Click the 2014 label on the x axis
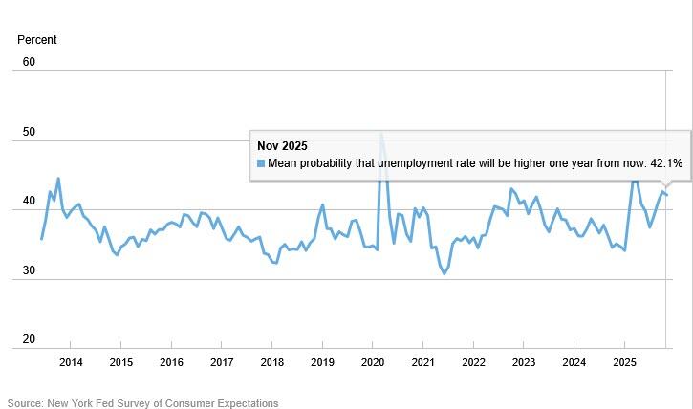coord(71,362)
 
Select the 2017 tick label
coord(222,362)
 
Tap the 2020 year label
coord(373,362)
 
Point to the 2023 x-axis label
coord(524,362)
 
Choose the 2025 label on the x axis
coord(624,362)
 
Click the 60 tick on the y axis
coord(29,62)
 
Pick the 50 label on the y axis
coord(29,132)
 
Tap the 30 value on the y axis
coord(29,271)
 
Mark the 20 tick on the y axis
coord(29,340)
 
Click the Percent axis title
coord(37,40)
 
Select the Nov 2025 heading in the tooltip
coord(282,146)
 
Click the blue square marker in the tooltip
coord(261,163)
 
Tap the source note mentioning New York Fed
coord(143,403)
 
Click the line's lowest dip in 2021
coord(444,273)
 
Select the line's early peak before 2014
coord(58,179)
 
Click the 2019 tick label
coord(322,362)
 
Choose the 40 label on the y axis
coord(29,202)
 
